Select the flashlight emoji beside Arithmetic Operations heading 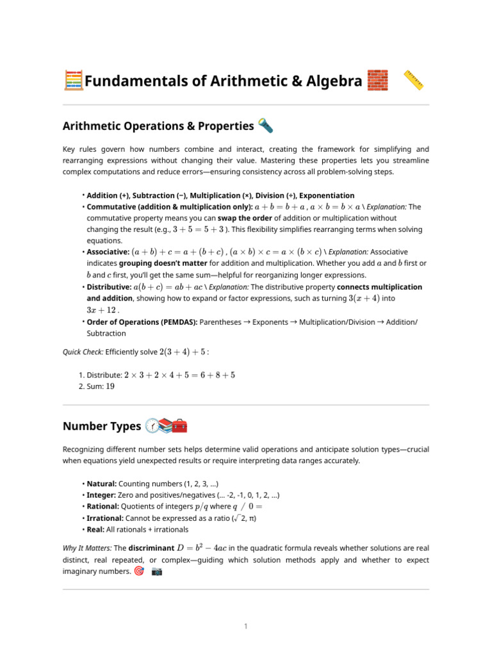[x=265, y=126]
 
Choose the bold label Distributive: [x=109, y=288]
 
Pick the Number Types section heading [x=102, y=427]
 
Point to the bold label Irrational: [x=106, y=518]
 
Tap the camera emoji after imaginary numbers [x=157, y=571]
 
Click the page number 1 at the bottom [x=245, y=627]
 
